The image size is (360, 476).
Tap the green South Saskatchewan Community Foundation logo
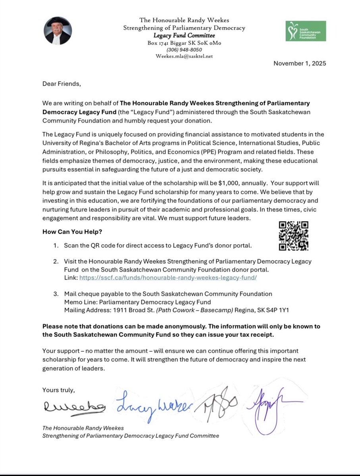(306, 31)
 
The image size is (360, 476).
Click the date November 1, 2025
(300, 63)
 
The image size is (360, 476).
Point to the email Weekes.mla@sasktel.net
(184, 56)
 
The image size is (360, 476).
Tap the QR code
(294, 236)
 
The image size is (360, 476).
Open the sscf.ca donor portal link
(168, 278)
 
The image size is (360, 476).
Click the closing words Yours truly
(58, 390)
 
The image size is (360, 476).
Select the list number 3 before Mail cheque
(56, 294)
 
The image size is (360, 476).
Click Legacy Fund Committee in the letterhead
(184, 36)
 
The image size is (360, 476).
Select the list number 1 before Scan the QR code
(56, 246)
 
